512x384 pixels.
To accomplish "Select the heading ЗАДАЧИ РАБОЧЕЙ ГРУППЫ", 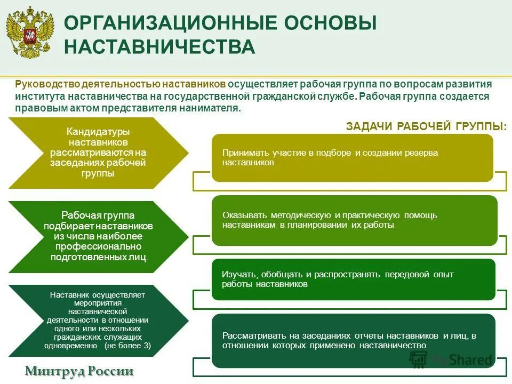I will point(426,126).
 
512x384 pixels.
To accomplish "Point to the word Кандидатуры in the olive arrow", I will point(98,131).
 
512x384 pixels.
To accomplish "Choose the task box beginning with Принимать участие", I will point(352,157).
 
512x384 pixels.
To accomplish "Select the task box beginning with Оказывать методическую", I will point(354,220).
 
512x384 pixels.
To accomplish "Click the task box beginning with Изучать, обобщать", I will point(354,279).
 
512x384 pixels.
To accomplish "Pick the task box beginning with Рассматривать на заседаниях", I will point(354,340).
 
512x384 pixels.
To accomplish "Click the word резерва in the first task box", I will point(422,153).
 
